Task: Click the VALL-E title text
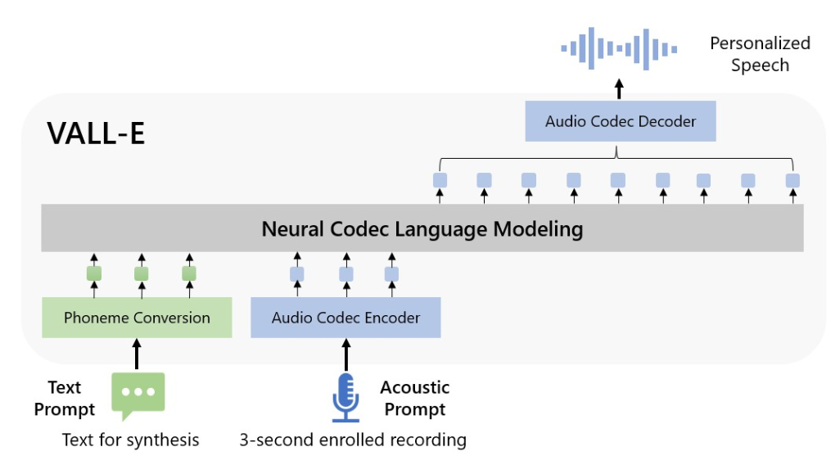[x=96, y=133]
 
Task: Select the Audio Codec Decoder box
[x=620, y=122]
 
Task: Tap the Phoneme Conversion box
[x=137, y=318]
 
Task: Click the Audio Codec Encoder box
[x=345, y=318]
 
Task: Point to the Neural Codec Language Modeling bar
[x=422, y=228]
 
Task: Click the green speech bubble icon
[x=138, y=392]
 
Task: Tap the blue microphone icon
[x=345, y=397]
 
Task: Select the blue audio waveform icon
[x=619, y=48]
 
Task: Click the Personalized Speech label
[x=759, y=54]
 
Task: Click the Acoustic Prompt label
[x=415, y=398]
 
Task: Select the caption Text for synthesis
[x=131, y=440]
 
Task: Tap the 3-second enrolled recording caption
[x=353, y=440]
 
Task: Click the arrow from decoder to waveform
[x=619, y=88]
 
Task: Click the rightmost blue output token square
[x=792, y=180]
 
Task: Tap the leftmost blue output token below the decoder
[x=440, y=180]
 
